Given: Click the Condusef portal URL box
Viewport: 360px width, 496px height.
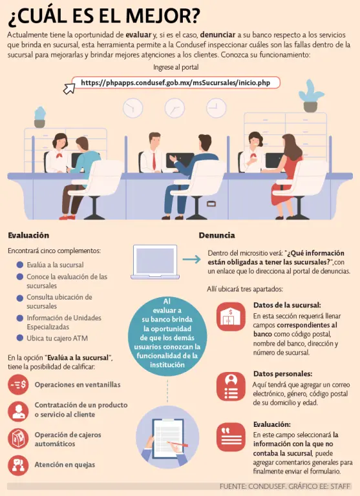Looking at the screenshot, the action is [176, 83].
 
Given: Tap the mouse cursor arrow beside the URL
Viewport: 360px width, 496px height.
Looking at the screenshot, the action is [69, 88].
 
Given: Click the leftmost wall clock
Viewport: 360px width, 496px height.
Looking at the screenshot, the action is [132, 108].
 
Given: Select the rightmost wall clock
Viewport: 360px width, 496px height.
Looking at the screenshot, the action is [217, 108].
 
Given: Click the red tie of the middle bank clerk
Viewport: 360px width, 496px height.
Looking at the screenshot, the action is [154, 161].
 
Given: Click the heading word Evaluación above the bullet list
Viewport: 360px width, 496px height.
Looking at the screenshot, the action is [28, 235].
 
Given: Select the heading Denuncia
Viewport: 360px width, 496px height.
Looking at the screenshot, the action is [217, 235].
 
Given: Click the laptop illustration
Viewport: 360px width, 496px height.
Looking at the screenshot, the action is [155, 262].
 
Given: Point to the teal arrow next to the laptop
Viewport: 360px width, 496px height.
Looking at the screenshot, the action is [191, 260].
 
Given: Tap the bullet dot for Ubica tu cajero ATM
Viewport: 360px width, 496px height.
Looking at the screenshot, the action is [20, 338].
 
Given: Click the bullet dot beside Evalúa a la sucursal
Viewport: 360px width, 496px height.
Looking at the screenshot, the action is [20, 264].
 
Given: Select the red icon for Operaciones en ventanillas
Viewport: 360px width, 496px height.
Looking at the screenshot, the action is [18, 385].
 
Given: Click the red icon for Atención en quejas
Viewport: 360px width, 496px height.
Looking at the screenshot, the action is [18, 465].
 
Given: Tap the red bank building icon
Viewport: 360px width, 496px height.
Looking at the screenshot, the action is [231, 316].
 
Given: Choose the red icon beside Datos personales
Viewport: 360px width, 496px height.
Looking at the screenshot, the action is [231, 386].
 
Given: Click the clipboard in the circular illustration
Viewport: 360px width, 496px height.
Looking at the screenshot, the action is [168, 439].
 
